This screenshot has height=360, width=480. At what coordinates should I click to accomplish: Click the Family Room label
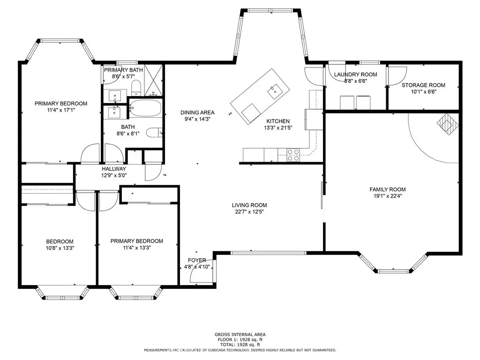point(388,189)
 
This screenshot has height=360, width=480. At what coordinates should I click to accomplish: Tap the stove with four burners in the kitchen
point(293,155)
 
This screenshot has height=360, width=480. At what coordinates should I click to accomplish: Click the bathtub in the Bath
point(145,108)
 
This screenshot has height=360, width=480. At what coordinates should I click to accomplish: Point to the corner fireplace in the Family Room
point(448,124)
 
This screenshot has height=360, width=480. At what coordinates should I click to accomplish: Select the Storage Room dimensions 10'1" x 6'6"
point(423,92)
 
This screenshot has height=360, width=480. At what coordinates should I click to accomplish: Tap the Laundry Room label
point(355,75)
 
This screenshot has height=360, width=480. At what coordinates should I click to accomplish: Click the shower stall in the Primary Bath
point(153,80)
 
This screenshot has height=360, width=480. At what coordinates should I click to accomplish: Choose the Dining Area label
point(197,112)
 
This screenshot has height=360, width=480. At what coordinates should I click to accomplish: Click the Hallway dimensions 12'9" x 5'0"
point(114,175)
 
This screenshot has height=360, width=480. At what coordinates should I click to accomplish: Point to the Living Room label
point(249,205)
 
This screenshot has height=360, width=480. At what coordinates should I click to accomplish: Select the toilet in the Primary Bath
point(135,88)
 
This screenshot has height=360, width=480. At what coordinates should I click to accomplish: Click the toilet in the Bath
point(154,133)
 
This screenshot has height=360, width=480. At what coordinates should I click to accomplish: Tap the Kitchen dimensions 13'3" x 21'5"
point(278,128)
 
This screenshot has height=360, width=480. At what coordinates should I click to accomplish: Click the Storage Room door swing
point(397,75)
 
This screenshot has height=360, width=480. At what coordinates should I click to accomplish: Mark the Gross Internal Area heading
point(240,335)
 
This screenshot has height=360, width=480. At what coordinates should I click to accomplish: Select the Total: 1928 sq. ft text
point(240,345)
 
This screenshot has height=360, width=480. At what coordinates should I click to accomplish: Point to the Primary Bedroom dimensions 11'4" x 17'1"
point(60,110)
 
